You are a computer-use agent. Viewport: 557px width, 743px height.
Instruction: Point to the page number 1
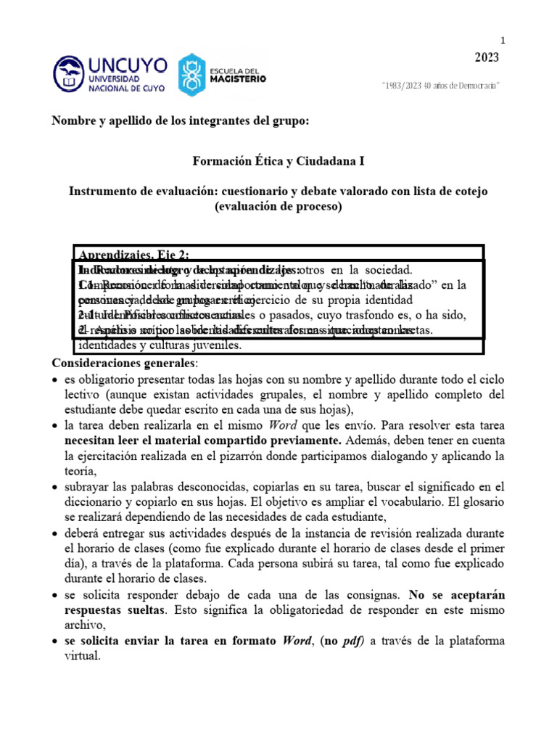point(501,40)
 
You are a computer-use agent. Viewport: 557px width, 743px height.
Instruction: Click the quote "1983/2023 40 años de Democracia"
point(441,86)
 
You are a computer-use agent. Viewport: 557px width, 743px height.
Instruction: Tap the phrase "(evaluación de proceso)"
point(278,206)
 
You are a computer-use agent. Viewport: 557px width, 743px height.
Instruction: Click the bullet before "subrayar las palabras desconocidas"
point(57,486)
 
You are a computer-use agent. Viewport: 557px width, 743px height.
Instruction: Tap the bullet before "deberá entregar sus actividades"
point(57,533)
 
